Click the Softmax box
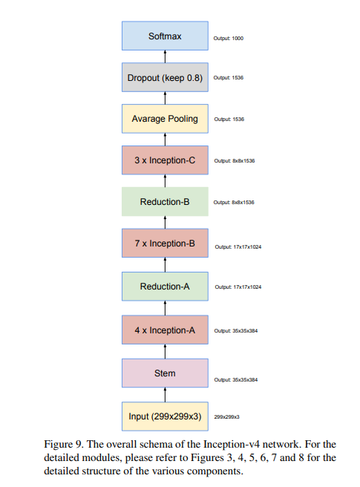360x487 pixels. pyautogui.click(x=165, y=36)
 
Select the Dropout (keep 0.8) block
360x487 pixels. pyautogui.click(x=165, y=77)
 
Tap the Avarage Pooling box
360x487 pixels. pyautogui.click(x=165, y=119)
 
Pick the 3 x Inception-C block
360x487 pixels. pyautogui.click(x=165, y=160)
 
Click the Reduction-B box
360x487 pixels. pyautogui.click(x=165, y=202)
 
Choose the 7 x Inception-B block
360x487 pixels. pyautogui.click(x=165, y=244)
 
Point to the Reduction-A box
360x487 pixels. pyautogui.click(x=165, y=286)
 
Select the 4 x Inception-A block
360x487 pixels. pyautogui.click(x=165, y=330)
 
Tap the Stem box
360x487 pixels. pyautogui.click(x=165, y=373)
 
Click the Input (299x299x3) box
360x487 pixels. pyautogui.click(x=165, y=416)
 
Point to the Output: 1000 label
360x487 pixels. pyautogui.click(x=229, y=36)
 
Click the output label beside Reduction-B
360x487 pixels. pyautogui.click(x=234, y=202)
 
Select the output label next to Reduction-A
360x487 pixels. pyautogui.click(x=238, y=287)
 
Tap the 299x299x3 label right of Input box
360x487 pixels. pyautogui.click(x=227, y=417)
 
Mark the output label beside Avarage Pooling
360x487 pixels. pyautogui.click(x=229, y=119)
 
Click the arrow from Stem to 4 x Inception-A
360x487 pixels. pyautogui.click(x=165, y=351)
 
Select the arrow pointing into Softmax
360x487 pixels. pyautogui.click(x=165, y=56)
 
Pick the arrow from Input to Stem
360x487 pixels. pyautogui.click(x=165, y=395)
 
